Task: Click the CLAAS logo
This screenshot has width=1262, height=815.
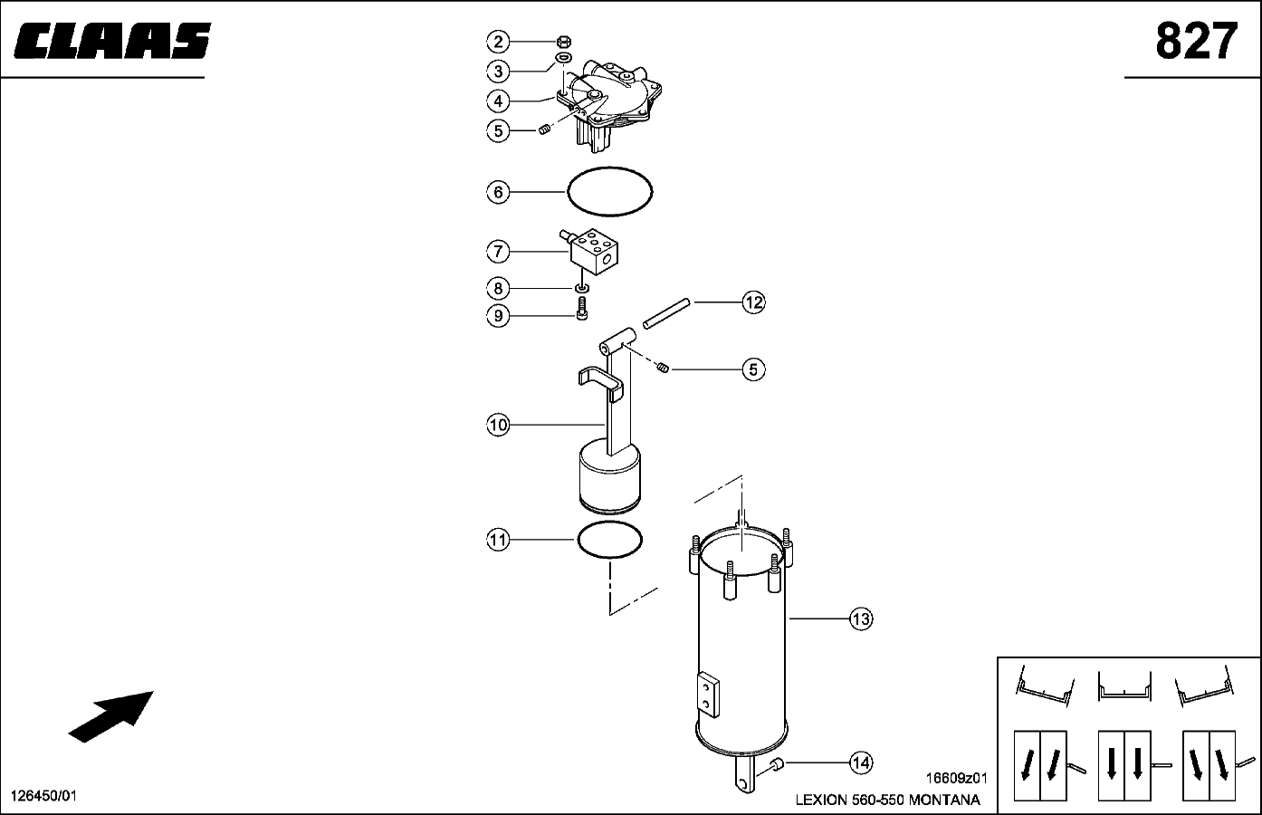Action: [112, 41]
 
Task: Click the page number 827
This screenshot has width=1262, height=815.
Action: [1197, 41]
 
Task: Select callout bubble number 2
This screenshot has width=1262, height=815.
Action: [498, 42]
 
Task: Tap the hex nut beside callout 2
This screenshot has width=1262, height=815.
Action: [564, 41]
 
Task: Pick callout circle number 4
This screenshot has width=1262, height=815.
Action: [498, 101]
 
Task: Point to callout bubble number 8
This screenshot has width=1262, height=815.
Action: [498, 289]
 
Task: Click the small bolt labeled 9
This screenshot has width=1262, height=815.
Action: [582, 309]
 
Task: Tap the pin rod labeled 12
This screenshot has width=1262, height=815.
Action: [666, 314]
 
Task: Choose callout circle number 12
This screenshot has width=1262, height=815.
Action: [754, 302]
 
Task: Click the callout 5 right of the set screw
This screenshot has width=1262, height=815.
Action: [754, 369]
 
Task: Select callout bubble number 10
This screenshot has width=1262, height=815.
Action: [498, 425]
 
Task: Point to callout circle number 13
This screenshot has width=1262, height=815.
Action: [861, 618]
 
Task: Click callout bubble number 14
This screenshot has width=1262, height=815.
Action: [861, 763]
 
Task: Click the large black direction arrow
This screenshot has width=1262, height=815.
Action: [110, 717]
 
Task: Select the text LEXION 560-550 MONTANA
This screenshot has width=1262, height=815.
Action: [887, 800]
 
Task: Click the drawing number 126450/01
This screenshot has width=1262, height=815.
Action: [44, 796]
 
